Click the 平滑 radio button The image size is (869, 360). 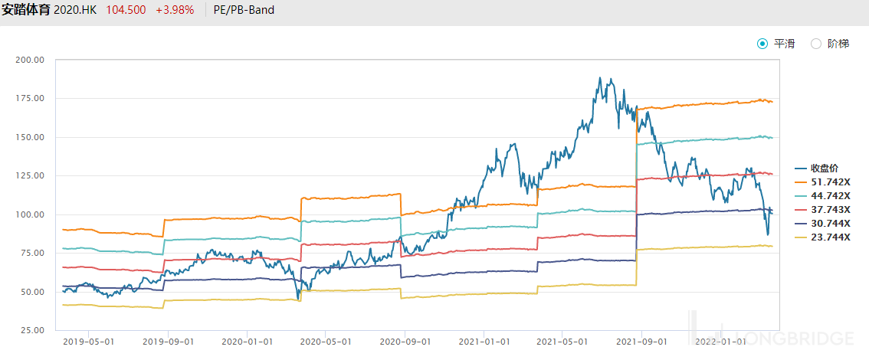click(762, 44)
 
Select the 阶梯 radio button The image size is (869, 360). click(816, 44)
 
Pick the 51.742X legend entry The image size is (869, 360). click(822, 182)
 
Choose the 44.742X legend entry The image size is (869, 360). click(822, 195)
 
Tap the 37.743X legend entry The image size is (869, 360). click(822, 209)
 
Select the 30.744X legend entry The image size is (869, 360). click(822, 223)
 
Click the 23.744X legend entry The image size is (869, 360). click(822, 237)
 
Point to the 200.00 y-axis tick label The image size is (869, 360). click(31, 60)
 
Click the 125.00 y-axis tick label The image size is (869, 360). click(31, 175)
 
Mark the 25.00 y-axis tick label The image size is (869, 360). click(33, 330)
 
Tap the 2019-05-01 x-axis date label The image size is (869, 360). click(90, 342)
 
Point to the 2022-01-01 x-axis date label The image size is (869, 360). click(720, 342)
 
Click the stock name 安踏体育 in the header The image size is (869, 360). click(25, 10)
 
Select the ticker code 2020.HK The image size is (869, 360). click(75, 10)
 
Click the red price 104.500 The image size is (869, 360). click(125, 10)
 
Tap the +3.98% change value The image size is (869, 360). click(175, 10)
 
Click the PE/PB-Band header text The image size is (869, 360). click(244, 10)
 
